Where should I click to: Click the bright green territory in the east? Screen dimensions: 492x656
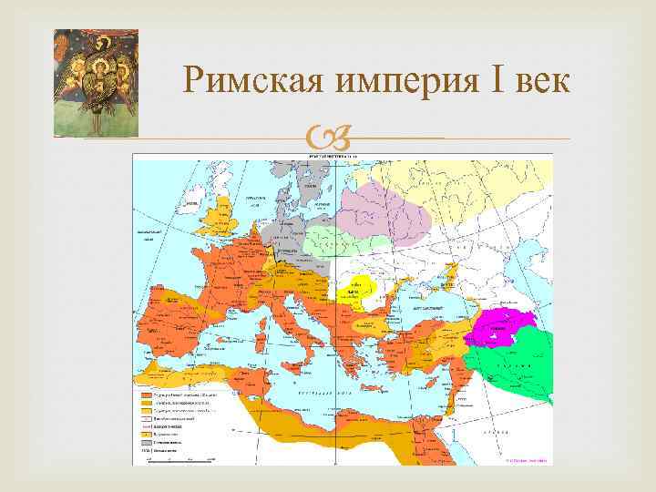[519, 364]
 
